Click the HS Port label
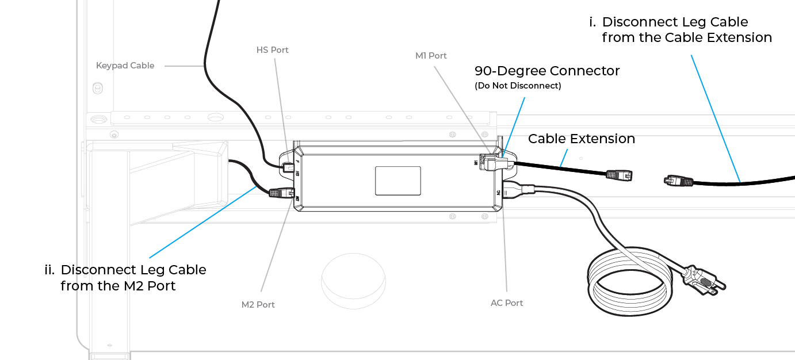pos(272,50)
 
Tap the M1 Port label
pos(431,56)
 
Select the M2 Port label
pos(258,305)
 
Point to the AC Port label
pos(506,303)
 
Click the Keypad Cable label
pos(125,66)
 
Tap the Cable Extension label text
pos(581,139)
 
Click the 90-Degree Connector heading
pos(546,71)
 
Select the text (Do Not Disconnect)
pos(517,86)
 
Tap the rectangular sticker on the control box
pos(397,181)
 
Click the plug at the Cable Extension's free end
pos(620,174)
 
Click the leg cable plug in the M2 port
pos(281,193)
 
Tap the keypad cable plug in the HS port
pos(289,167)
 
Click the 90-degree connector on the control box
pos(498,164)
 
